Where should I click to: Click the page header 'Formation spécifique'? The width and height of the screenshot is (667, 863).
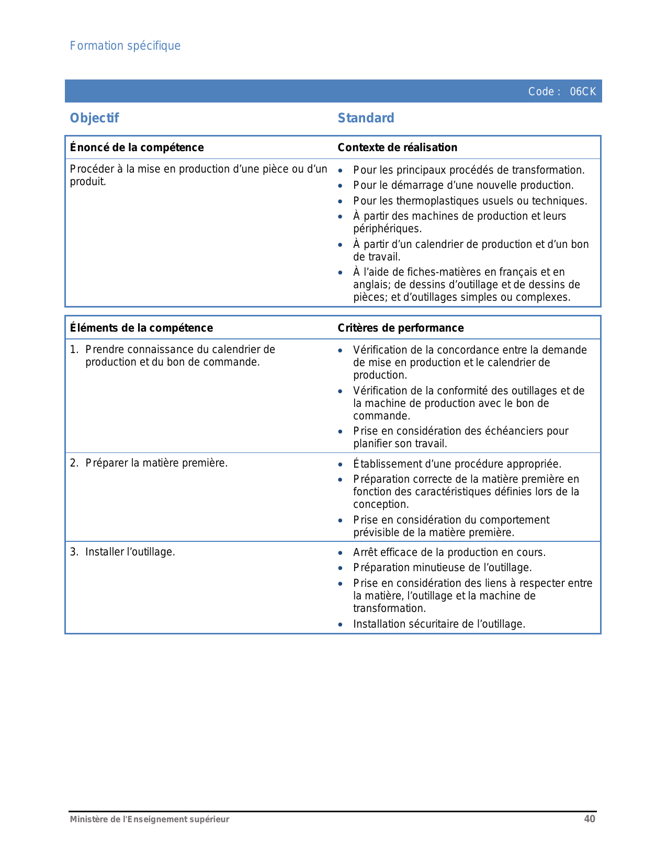(x=125, y=46)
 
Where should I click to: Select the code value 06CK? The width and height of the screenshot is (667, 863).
(x=583, y=92)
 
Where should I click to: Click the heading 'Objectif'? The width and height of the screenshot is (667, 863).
(x=94, y=118)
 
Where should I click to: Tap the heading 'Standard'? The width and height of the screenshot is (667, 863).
(x=366, y=118)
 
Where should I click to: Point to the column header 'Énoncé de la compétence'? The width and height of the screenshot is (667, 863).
(x=137, y=147)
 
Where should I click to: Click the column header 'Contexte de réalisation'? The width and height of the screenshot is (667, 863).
(x=397, y=147)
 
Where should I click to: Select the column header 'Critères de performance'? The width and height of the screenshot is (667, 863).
(x=400, y=328)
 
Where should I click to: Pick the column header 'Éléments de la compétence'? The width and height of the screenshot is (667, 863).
(x=141, y=328)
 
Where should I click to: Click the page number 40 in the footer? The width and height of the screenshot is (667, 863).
(x=590, y=819)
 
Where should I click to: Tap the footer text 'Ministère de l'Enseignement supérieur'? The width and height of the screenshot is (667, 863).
(x=150, y=820)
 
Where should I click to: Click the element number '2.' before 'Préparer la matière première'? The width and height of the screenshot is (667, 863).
(x=74, y=463)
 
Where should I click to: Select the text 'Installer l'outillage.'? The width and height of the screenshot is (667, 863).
(x=130, y=552)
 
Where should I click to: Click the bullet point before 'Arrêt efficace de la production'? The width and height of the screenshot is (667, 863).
(x=341, y=553)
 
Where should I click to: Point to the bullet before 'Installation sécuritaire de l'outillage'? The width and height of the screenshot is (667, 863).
(x=341, y=624)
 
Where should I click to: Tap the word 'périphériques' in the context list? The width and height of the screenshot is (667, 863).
(x=387, y=229)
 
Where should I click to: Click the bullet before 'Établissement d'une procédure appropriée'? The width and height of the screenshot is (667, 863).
(x=341, y=464)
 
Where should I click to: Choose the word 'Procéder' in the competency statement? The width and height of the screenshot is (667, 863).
(x=89, y=169)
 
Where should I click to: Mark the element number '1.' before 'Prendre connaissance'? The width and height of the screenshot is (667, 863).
(x=74, y=349)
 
